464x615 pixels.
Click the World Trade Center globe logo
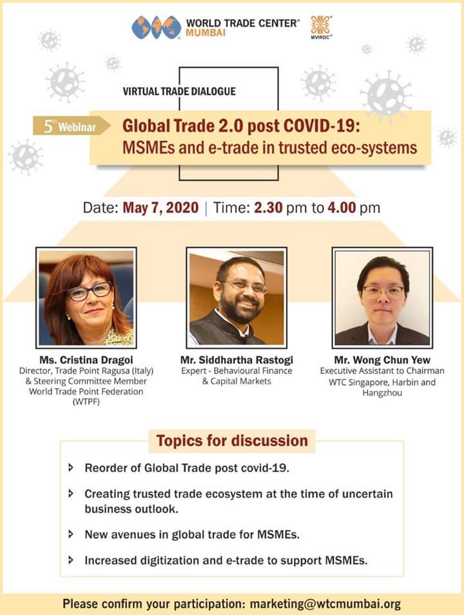click(156, 28)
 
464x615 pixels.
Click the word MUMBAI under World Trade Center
click(206, 33)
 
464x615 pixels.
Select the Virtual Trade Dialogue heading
click(179, 92)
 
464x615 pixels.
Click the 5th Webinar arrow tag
click(72, 126)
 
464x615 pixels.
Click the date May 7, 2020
click(160, 208)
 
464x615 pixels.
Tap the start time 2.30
click(268, 208)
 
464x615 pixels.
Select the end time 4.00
click(342, 208)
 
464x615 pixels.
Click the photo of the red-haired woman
click(86, 298)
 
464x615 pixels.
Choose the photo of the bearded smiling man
click(237, 298)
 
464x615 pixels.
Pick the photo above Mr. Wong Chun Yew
click(382, 298)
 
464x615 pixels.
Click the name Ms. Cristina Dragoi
click(86, 360)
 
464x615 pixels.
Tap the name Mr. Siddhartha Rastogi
click(237, 360)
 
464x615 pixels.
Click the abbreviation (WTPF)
click(86, 402)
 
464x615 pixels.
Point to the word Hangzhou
click(382, 393)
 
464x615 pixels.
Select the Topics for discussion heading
click(232, 441)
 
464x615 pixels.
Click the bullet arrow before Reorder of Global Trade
click(71, 467)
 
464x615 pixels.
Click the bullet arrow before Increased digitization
click(71, 560)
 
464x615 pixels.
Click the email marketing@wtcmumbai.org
click(325, 604)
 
